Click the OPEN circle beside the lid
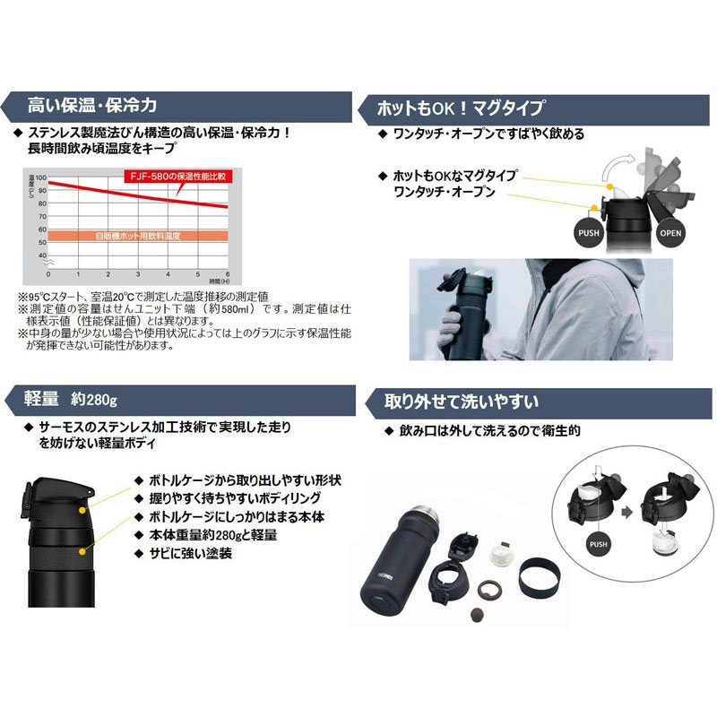pos(670,233)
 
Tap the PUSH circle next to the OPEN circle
pos(587,232)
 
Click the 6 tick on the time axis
pos(227,274)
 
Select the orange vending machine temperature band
pos(138,237)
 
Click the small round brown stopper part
pos(477,617)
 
